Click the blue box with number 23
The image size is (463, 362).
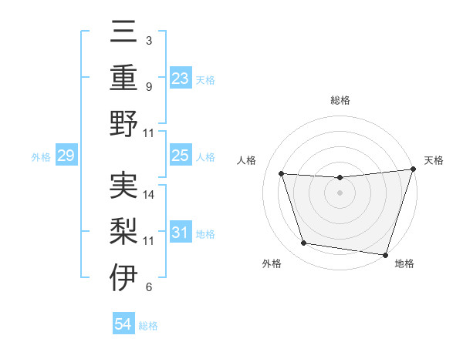(x=180, y=78)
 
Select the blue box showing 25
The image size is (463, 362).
(x=180, y=156)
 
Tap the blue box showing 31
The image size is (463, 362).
(x=180, y=233)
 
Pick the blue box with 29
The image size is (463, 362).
(x=66, y=156)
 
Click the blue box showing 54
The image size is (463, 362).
(x=123, y=324)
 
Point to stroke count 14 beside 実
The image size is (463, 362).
(x=150, y=195)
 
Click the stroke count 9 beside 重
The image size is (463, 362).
(x=149, y=87)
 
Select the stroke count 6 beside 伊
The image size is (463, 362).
(x=149, y=287)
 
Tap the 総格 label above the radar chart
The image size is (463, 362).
(x=340, y=101)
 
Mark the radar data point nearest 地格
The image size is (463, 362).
(x=385, y=254)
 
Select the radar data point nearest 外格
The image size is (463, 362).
(x=304, y=243)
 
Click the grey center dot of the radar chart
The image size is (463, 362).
(x=340, y=193)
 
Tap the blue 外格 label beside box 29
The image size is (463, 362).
(x=41, y=157)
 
